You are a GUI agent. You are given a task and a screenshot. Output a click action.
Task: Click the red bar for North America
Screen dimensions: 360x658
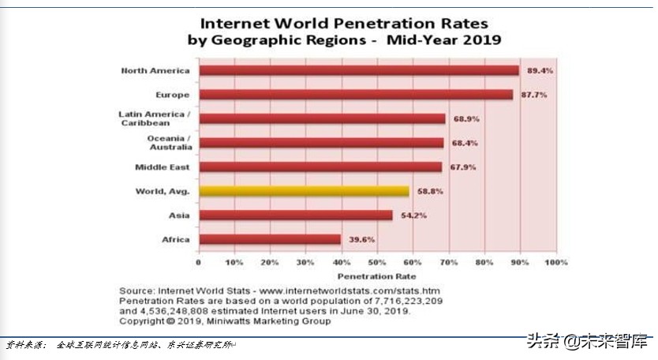click(358, 71)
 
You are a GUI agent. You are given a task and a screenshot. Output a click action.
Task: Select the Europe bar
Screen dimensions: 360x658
click(355, 95)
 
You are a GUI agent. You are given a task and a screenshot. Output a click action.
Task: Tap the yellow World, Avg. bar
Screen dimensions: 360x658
click(304, 191)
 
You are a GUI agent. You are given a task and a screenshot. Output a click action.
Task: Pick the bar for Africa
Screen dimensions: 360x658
click(269, 239)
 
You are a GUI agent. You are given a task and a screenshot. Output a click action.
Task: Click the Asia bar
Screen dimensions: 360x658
click(295, 215)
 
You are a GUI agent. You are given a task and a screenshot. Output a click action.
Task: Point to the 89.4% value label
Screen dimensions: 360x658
click(540, 70)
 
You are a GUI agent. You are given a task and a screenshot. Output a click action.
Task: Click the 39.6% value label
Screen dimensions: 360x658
click(361, 239)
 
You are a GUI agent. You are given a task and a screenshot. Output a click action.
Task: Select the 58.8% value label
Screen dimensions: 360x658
click(429, 191)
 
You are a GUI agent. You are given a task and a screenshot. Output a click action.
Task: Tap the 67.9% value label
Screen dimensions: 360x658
click(462, 167)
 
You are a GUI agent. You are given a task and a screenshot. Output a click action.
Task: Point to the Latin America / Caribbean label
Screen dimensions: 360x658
click(155, 119)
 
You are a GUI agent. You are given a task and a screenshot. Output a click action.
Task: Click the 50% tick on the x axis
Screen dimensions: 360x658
click(377, 262)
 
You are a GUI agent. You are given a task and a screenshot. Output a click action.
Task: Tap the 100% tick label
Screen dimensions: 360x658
click(555, 262)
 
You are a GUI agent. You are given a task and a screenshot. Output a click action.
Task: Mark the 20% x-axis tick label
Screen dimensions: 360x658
click(270, 262)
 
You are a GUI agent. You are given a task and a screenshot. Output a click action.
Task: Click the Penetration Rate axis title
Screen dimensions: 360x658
click(377, 276)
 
